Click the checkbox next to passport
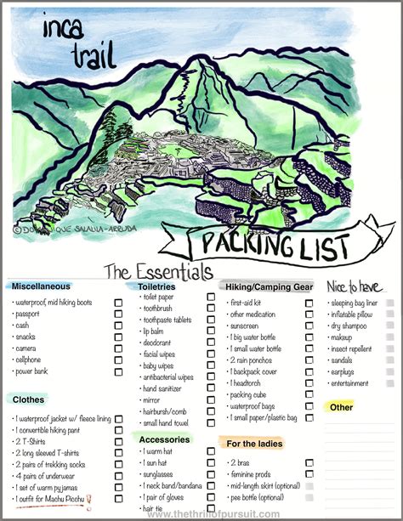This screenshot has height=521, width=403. pos(119,314)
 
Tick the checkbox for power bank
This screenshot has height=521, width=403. pos(119,371)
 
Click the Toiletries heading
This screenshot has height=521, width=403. pos(156,286)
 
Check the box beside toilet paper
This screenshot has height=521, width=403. pos(211,297)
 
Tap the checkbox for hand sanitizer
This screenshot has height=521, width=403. pos(211,388)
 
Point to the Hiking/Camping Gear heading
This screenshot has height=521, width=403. pos(267,286)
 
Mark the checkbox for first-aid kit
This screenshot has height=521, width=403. pos(309,303)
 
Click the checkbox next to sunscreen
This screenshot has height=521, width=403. pos(309,326)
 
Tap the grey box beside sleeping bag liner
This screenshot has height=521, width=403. pos(390,303)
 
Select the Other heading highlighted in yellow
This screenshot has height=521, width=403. pos(342,407)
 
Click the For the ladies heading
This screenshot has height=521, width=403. pos(254,444)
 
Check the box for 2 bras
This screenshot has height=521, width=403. pos(309,463)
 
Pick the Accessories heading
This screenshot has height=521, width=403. pos(165,439)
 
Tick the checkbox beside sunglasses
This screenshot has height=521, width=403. pos(211,476)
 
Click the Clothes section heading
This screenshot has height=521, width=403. pos(29,399)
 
